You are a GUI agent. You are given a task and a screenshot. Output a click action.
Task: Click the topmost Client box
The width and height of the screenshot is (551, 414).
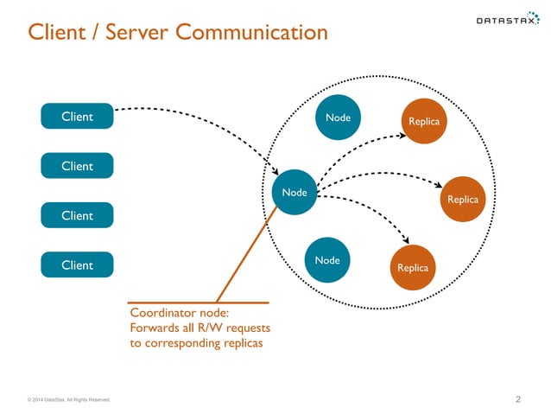coord(77,117)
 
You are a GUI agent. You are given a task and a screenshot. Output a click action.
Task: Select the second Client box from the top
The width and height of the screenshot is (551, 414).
coord(77,166)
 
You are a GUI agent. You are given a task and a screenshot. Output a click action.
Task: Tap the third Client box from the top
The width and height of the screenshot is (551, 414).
coord(77,215)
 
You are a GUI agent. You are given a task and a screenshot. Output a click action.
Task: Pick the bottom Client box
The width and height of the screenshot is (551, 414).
coord(77,264)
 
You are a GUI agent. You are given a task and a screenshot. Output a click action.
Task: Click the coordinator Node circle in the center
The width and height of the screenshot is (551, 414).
coord(294,192)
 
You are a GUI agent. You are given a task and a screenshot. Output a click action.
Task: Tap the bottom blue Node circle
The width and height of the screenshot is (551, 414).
coord(327,260)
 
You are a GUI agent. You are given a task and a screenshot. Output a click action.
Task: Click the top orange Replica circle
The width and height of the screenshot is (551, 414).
coord(424,122)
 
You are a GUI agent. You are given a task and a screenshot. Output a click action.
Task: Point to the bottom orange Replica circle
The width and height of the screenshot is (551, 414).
coord(412,268)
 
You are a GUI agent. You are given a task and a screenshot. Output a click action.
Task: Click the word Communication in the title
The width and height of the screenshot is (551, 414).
coord(251,33)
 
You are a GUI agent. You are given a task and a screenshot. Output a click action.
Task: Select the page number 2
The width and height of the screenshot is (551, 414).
coord(517,399)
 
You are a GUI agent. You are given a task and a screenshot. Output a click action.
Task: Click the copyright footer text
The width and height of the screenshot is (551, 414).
coord(68,400)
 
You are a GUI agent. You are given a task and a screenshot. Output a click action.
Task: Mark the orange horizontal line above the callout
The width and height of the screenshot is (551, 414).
coord(199,303)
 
